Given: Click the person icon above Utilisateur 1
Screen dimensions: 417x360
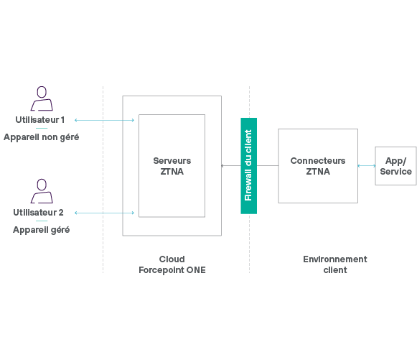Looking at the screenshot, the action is [42, 98].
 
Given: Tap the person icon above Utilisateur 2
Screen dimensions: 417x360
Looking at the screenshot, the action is [42, 191].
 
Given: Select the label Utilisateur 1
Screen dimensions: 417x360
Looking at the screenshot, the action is [40, 120].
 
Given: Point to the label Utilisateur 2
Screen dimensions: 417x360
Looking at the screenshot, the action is [38, 213].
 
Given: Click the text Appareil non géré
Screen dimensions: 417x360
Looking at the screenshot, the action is [41, 137].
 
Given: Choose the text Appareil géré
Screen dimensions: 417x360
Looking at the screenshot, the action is [41, 230].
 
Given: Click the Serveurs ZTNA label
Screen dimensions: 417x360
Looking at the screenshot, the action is [172, 166].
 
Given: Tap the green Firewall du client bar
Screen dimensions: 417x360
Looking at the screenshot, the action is [248, 165].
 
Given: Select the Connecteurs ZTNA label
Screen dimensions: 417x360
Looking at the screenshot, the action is [318, 166].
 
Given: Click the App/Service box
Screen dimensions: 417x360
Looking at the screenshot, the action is [395, 165].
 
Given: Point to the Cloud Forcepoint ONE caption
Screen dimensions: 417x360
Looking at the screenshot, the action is [172, 264].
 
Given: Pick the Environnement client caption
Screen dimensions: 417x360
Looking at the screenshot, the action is [335, 264].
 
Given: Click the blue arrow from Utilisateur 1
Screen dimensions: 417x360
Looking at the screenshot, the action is [104, 120].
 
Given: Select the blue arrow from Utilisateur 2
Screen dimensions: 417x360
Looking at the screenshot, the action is [104, 213].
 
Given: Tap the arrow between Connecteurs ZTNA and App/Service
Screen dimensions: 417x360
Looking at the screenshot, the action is [367, 165].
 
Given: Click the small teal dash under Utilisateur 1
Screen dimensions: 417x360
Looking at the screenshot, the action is [42, 128].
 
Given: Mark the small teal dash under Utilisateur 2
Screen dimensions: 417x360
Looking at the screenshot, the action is [42, 221].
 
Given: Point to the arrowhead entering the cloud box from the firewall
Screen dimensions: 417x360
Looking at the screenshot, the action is [222, 165].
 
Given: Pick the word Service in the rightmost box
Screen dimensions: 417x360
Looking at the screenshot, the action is [395, 172].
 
